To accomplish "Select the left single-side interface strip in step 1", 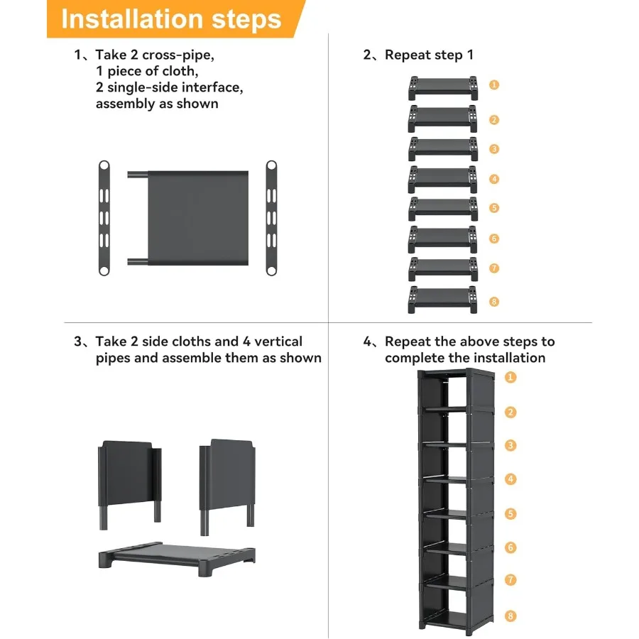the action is [104, 218].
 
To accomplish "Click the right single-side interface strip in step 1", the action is [271, 218].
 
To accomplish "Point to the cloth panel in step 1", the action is [198, 218].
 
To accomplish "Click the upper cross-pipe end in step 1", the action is [138, 175].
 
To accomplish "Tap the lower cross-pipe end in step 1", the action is [138, 261].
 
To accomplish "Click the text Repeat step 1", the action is [429, 55].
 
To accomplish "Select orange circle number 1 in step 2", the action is [494, 84].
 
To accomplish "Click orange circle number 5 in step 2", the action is [494, 208].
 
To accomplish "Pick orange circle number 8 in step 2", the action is [494, 302].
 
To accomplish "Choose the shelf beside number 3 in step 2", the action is [443, 149].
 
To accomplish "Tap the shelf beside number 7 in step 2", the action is [443, 269].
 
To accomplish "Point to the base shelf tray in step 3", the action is [177, 558].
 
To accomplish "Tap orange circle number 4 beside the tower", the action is [510, 479].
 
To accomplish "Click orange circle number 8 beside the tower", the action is [510, 616].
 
